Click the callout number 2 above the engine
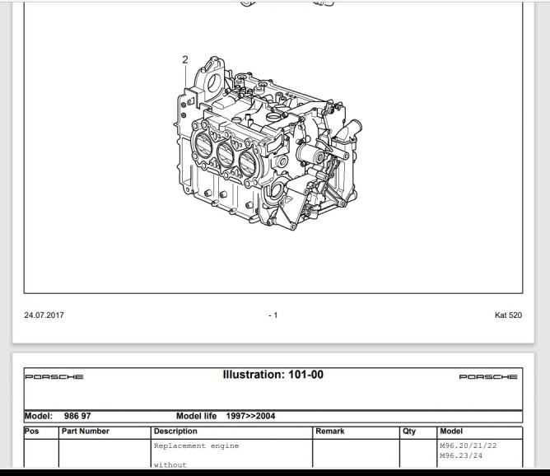185,59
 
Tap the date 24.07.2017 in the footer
44,315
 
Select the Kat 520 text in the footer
508,315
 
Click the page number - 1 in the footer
273,315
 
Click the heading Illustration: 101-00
273,375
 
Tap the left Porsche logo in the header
54,376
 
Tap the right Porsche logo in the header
488,376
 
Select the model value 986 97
77,416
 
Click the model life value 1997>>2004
250,416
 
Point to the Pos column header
31,431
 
